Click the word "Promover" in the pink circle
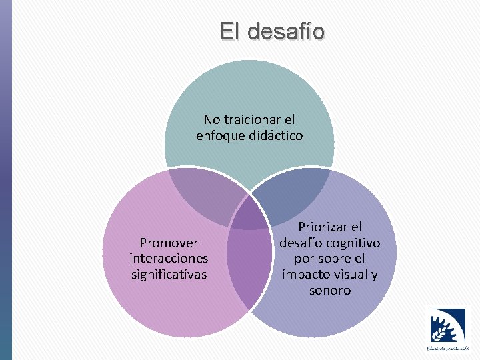point(169,243)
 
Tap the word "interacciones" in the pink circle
point(169,258)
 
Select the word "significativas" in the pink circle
point(169,273)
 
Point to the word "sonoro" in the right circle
point(329,290)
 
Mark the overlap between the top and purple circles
point(293,193)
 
